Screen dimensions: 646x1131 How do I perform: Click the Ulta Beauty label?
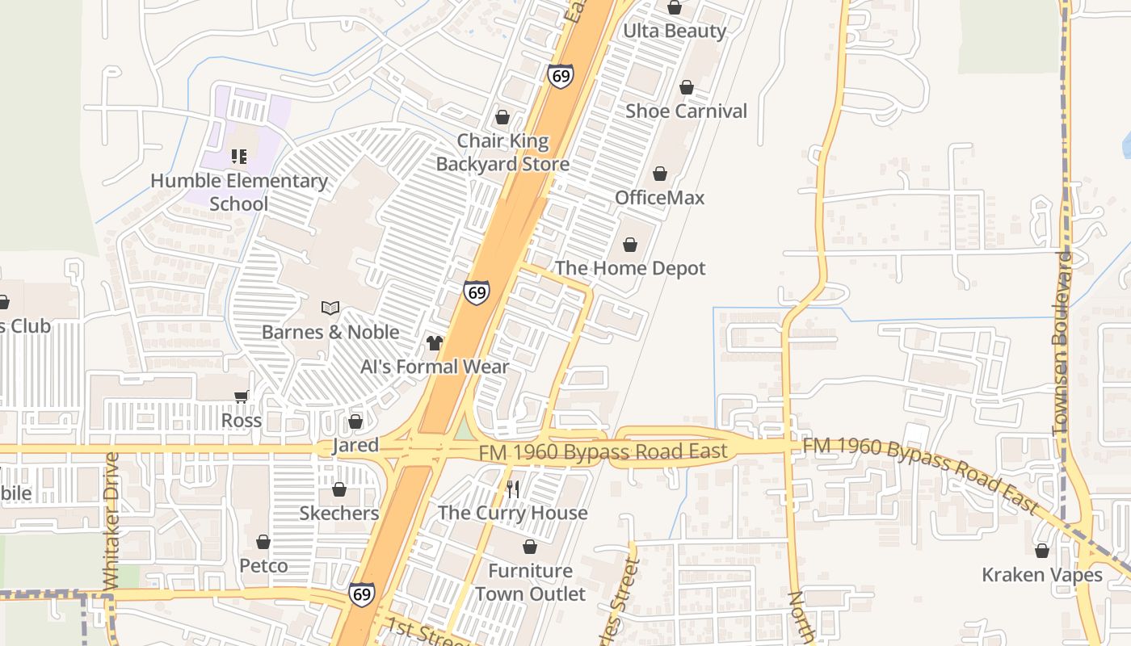(x=675, y=31)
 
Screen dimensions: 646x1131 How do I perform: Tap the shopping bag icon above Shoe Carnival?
(x=686, y=87)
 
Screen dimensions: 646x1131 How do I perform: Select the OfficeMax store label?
(x=659, y=198)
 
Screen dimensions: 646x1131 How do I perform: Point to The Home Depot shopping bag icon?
(x=629, y=245)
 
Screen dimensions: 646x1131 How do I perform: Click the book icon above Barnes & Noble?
(x=330, y=308)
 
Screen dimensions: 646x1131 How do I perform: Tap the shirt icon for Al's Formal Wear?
(x=435, y=343)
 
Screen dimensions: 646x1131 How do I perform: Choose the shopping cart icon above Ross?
(x=241, y=396)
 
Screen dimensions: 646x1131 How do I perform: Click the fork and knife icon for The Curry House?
(x=512, y=489)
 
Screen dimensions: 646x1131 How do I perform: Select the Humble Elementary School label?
(x=239, y=192)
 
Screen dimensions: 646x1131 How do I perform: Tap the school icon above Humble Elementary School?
(x=238, y=156)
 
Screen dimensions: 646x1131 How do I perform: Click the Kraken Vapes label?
(x=1041, y=575)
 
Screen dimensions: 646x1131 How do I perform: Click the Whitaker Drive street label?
(x=111, y=521)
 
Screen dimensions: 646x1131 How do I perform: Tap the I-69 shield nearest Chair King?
(x=560, y=76)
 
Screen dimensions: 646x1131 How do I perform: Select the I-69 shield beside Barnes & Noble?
(x=477, y=292)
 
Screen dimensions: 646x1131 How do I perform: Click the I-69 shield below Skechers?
(x=362, y=594)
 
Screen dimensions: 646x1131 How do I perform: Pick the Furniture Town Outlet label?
(x=530, y=582)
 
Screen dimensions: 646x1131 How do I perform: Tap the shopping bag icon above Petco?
(x=263, y=542)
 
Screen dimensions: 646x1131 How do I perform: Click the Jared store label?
(x=355, y=445)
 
